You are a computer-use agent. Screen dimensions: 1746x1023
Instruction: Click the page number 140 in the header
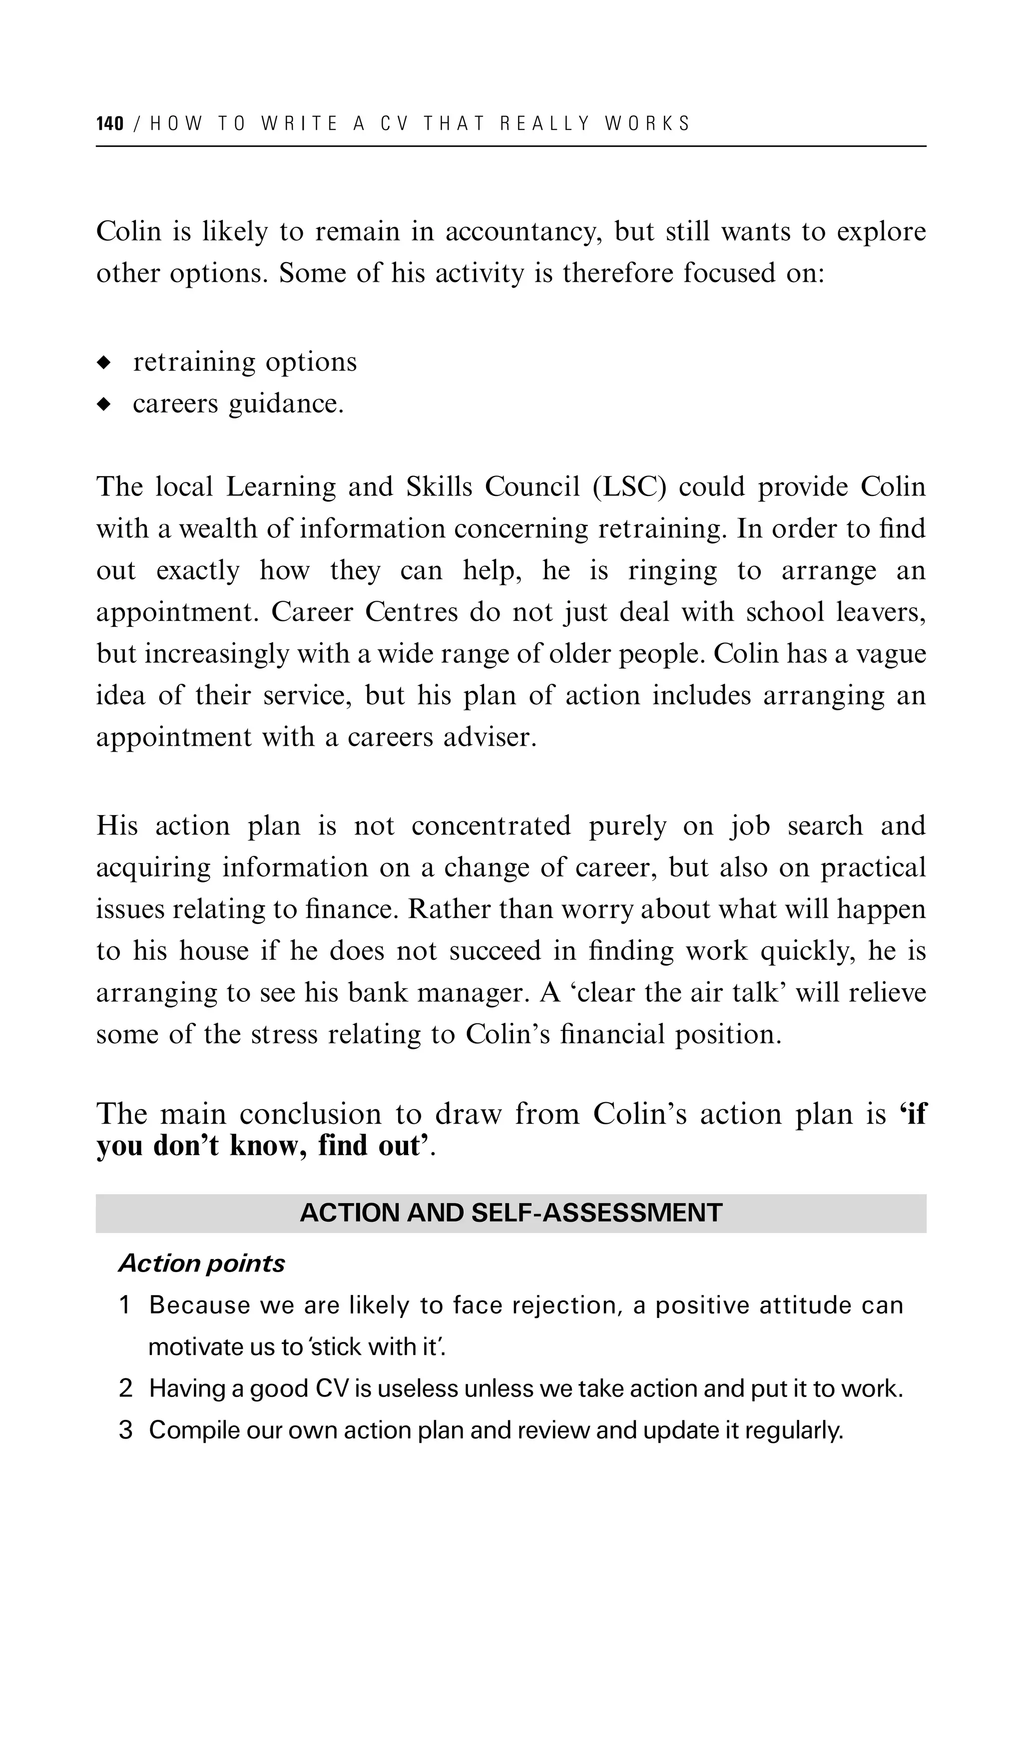point(109,124)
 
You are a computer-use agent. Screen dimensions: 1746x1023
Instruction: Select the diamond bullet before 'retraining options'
point(104,363)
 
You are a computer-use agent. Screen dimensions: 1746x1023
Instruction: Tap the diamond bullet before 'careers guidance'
point(104,404)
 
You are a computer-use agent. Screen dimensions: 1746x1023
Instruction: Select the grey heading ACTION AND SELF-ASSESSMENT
point(511,1213)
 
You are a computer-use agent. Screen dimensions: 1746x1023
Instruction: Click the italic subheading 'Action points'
point(202,1264)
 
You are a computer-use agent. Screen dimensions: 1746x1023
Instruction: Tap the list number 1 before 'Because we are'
point(125,1306)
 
